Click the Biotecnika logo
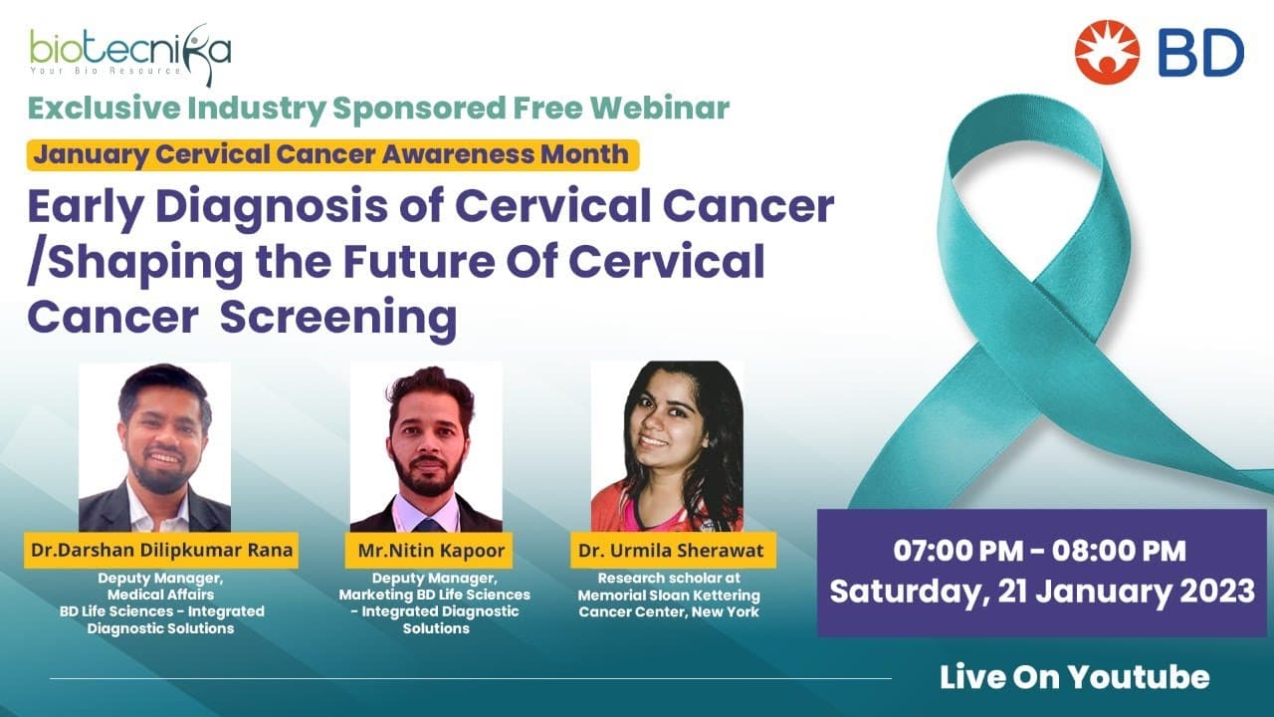point(130,54)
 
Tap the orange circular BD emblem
point(1107,52)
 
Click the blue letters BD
point(1200,53)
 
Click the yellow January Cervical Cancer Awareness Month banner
point(332,154)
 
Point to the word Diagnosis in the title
point(272,209)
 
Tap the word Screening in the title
point(338,319)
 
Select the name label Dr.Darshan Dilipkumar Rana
point(161,551)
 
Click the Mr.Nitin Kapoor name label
point(429,551)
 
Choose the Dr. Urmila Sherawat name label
point(673,551)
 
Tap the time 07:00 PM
point(957,551)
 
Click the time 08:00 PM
point(1119,551)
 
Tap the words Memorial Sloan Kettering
point(669,596)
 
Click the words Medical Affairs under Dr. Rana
point(161,595)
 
